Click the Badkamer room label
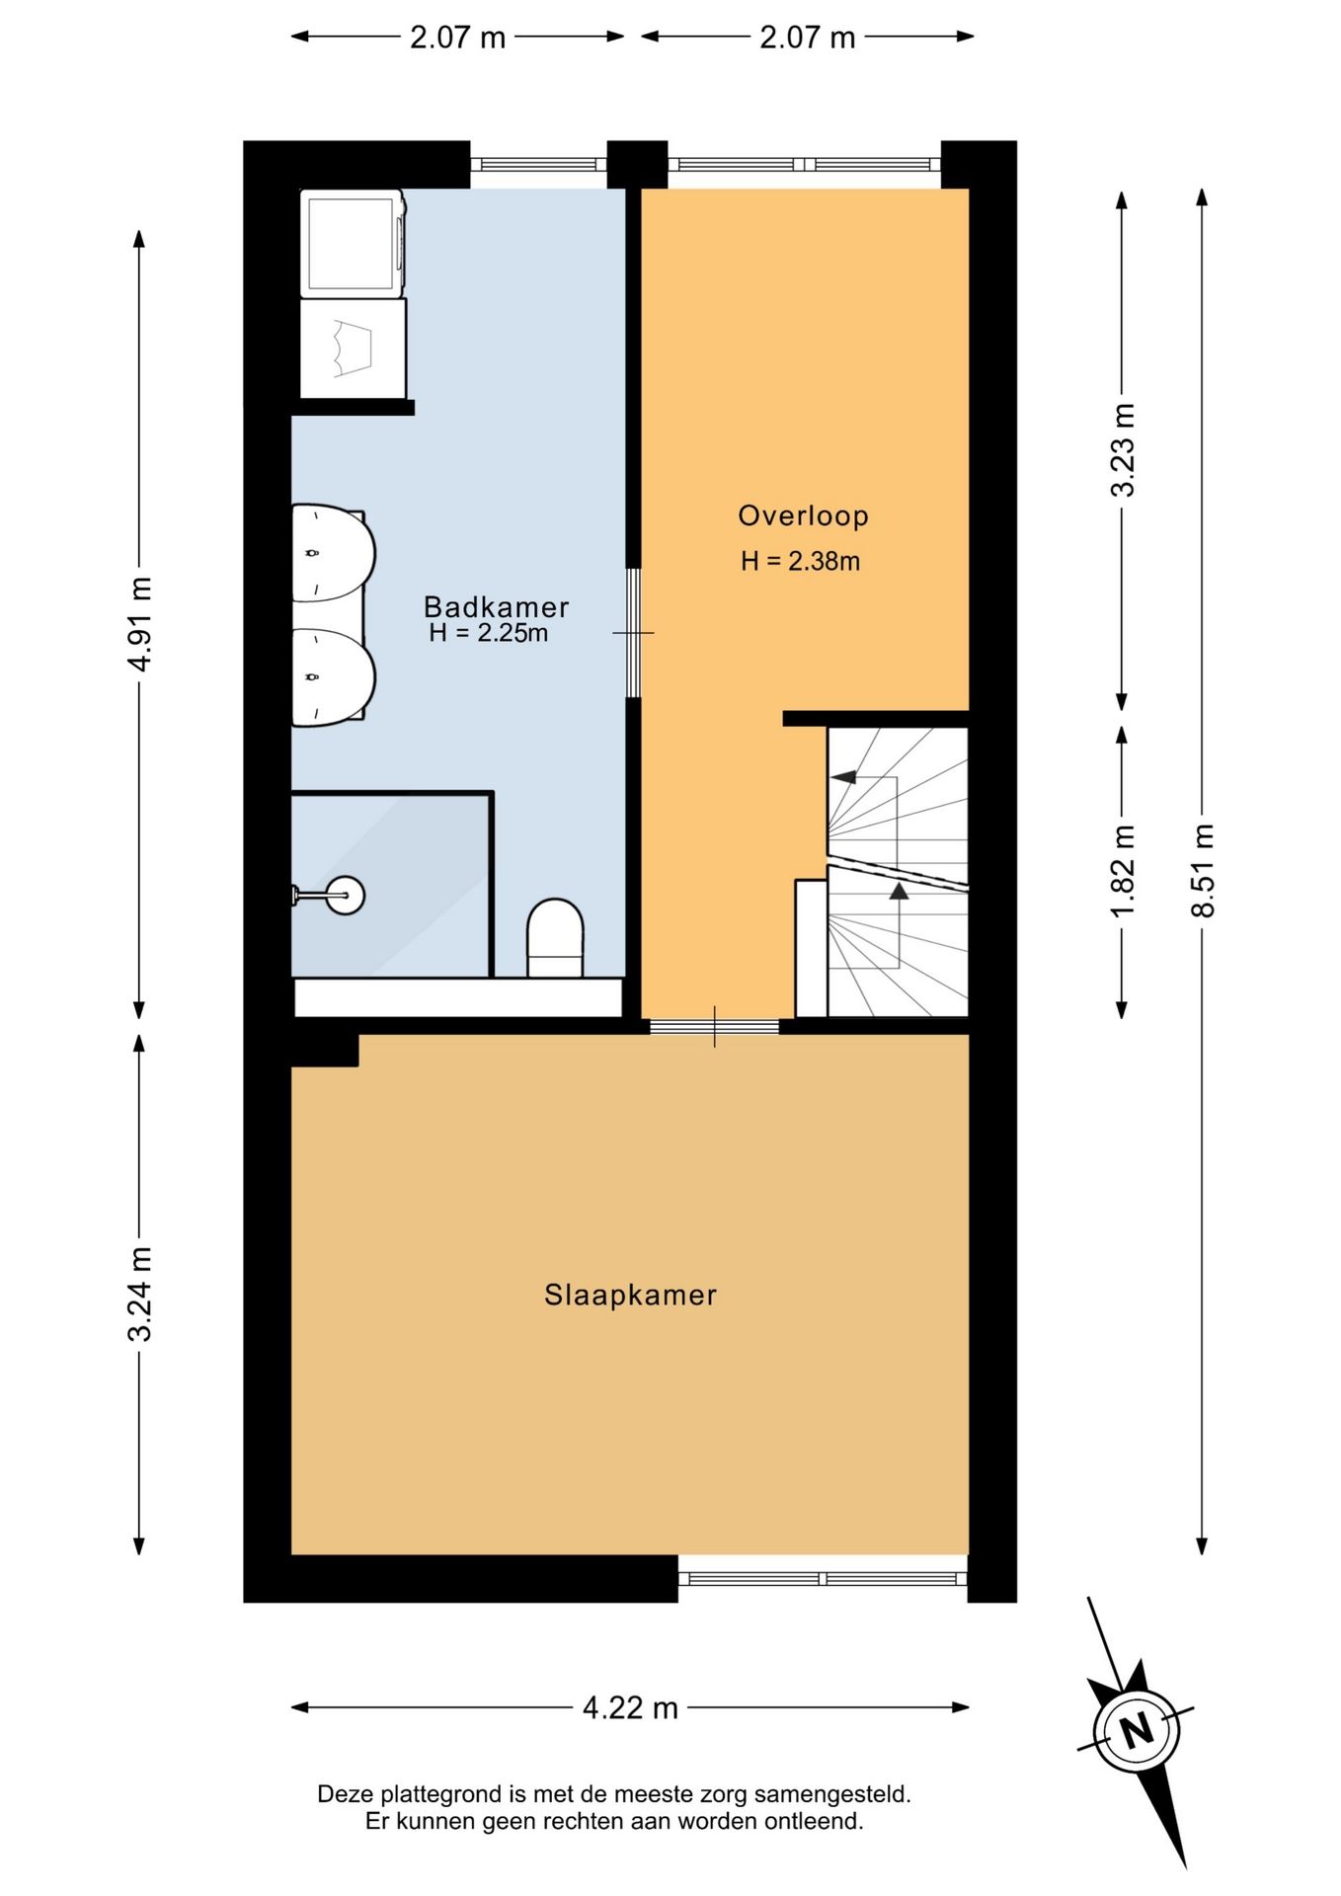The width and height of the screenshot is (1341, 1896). click(x=496, y=606)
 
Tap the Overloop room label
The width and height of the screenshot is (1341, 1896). click(x=803, y=515)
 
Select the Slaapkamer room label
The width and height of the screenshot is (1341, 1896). click(x=630, y=1295)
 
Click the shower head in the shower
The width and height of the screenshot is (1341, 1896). click(x=345, y=896)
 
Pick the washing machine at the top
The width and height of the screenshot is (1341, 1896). click(x=353, y=243)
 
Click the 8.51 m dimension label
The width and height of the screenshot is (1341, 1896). click(x=1202, y=870)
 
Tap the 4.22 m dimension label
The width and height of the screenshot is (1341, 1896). click(x=630, y=1707)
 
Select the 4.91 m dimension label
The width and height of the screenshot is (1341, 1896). click(x=139, y=624)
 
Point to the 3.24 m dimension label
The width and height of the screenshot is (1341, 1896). click(x=139, y=1294)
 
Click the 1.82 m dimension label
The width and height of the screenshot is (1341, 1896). click(x=1122, y=870)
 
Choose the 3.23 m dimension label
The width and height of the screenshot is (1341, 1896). click(x=1122, y=450)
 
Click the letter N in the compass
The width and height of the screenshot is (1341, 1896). click(x=1137, y=1730)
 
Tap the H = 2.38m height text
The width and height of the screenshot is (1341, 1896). click(x=800, y=561)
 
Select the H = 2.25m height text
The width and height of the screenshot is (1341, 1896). click(x=488, y=633)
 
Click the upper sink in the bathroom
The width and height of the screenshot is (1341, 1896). click(x=334, y=554)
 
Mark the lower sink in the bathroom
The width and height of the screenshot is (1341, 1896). click(x=334, y=677)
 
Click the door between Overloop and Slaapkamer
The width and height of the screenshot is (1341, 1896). click(x=714, y=1026)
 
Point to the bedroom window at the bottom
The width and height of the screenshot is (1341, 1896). click(x=823, y=1579)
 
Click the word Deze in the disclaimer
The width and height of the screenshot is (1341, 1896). click(x=346, y=1794)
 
